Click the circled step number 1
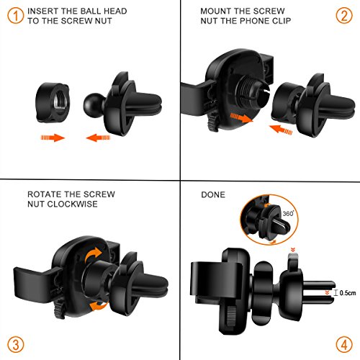click(15, 16)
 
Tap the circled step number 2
click(344, 16)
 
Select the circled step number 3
click(16, 345)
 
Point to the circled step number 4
click(344, 345)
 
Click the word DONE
click(213, 194)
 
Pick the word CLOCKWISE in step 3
click(72, 204)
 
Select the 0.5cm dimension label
click(348, 293)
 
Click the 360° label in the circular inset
click(288, 213)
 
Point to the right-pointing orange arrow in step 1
click(53, 138)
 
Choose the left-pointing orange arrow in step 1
click(98, 138)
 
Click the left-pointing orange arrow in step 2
click(281, 130)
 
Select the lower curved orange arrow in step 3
click(99, 306)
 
